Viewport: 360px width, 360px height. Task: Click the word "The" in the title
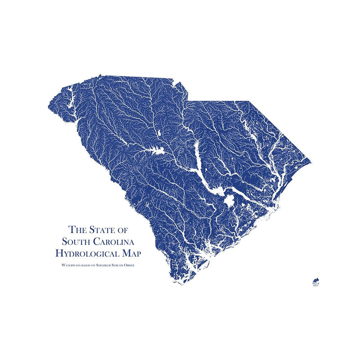pyautogui.click(x=77, y=229)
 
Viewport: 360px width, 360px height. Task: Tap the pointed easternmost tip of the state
pyautogui.click(x=311, y=162)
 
